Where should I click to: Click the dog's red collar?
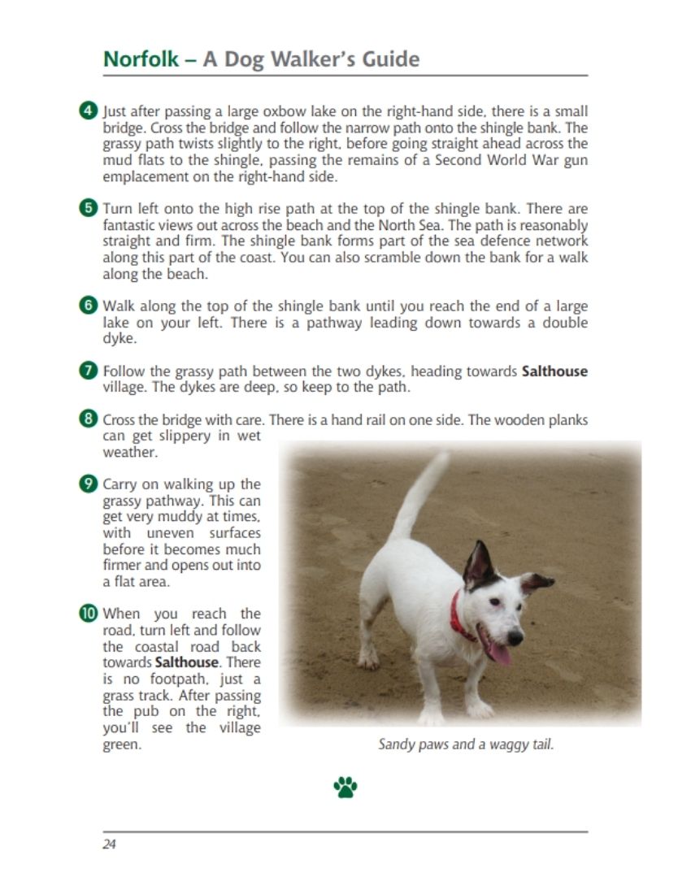coord(461,618)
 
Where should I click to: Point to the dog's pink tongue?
coord(498,650)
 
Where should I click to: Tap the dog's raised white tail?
coord(423,496)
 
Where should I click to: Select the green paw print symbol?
coord(345,787)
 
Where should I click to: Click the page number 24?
coord(109,844)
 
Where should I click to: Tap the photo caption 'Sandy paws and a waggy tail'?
coord(466,744)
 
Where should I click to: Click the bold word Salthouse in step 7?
coord(554,371)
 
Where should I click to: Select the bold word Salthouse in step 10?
coord(187,662)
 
